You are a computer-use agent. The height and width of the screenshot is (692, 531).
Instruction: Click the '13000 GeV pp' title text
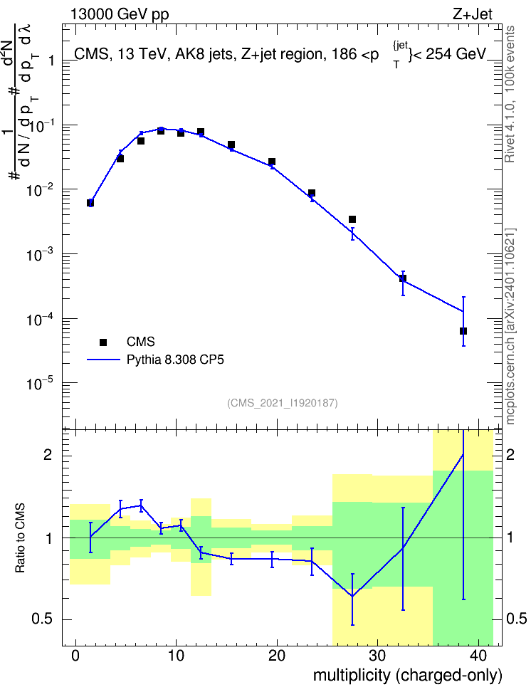point(120,14)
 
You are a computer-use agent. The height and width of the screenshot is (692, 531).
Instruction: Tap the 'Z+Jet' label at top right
point(473,14)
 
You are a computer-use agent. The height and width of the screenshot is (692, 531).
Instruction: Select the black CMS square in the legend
point(103,342)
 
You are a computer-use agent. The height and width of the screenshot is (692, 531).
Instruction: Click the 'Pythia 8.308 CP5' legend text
point(175,360)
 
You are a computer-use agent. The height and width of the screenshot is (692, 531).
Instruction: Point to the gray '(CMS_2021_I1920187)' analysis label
point(283,403)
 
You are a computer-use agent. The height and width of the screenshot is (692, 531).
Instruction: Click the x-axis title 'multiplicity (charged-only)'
point(407,675)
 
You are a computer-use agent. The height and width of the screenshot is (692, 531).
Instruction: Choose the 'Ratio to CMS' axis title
point(20,538)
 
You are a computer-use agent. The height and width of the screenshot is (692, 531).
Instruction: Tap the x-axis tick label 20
point(277,656)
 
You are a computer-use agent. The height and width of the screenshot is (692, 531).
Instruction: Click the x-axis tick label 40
point(478,656)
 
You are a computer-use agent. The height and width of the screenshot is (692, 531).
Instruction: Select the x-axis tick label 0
point(75,656)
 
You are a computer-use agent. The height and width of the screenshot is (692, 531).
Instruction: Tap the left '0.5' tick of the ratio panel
point(42,619)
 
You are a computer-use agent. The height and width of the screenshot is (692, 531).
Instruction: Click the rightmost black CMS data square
point(463,331)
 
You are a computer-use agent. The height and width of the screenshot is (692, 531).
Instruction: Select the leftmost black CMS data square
point(90,203)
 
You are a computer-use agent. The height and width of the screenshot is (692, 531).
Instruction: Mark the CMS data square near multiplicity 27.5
point(352,219)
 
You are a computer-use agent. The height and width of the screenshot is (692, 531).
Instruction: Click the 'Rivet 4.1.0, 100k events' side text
point(510,94)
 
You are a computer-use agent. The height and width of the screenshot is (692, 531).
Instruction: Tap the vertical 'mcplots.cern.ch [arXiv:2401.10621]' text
point(510,327)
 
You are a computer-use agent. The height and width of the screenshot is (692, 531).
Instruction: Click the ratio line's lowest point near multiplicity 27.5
point(352,596)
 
